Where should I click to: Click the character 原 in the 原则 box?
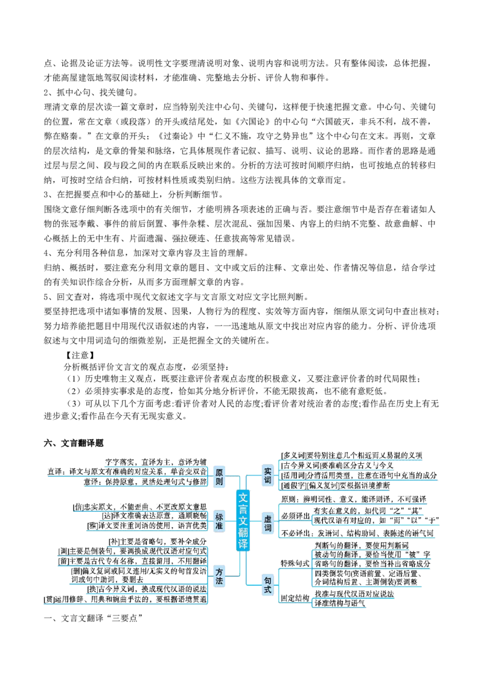(219, 472)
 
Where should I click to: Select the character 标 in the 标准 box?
(219, 516)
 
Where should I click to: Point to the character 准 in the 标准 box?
(219, 526)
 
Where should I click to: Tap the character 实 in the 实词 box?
(268, 471)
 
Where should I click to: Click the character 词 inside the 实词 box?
(268, 481)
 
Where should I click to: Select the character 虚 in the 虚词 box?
(268, 519)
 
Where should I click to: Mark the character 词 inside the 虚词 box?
(268, 529)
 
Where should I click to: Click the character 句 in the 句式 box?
(268, 580)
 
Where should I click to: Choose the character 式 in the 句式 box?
(268, 590)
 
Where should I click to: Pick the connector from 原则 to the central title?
(233, 475)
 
